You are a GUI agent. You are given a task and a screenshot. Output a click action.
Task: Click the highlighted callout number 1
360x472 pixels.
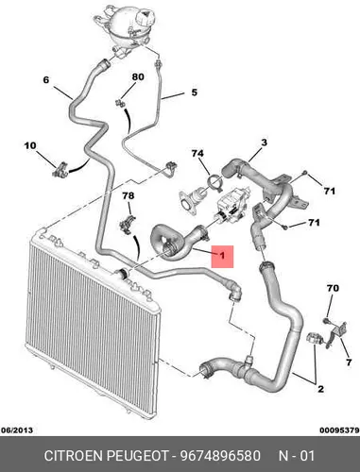[222, 255]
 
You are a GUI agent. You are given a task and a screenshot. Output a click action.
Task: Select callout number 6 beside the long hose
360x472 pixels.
[46, 80]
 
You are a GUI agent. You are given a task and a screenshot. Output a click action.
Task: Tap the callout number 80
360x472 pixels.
[138, 76]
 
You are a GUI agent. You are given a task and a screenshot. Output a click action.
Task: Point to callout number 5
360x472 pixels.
[195, 93]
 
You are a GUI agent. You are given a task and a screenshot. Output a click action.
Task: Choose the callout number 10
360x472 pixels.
[30, 146]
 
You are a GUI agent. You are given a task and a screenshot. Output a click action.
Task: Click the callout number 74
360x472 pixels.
[197, 154]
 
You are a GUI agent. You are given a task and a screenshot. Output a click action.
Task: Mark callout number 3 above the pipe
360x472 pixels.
[264, 143]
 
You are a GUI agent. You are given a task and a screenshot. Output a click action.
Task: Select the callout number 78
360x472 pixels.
[129, 196]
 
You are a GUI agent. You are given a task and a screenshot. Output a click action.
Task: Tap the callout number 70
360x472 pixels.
[333, 288]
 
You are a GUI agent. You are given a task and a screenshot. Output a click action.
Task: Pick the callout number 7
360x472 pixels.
[349, 362]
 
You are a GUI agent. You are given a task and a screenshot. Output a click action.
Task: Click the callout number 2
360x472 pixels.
[320, 389]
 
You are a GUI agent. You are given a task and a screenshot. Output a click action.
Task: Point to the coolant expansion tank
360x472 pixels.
[130, 29]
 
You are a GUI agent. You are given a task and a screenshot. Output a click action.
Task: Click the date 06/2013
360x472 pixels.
[17, 430]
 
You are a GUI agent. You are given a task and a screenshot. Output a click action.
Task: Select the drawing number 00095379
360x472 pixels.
[339, 430]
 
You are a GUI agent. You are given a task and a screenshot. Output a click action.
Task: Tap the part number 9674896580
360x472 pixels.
[220, 456]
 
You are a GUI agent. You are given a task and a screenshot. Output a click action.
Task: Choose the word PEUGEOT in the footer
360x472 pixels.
[138, 456]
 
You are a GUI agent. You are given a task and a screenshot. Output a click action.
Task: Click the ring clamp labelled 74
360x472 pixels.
[215, 183]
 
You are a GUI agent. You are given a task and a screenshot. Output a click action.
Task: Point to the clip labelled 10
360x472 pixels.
[61, 170]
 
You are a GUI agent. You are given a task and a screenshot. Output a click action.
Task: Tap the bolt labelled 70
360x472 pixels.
[326, 321]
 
